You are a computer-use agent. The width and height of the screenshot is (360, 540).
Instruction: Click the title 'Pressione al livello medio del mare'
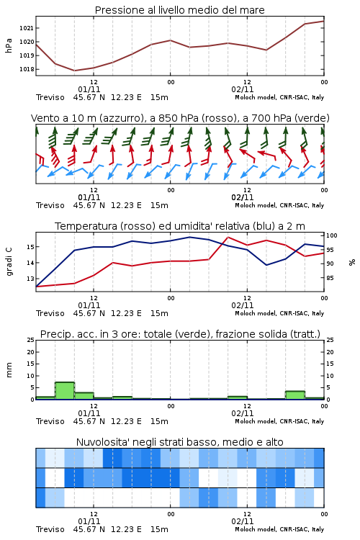tap(179, 10)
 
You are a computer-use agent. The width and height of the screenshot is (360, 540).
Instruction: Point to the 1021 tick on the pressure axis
tap(27, 28)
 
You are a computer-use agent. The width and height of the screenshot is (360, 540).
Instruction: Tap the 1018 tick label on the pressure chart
tap(27, 69)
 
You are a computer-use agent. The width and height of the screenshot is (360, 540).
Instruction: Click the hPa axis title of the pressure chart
tap(9, 45)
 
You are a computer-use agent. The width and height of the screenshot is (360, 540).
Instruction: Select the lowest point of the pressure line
tap(74, 71)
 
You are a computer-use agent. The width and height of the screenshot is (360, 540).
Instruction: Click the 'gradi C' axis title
tap(9, 262)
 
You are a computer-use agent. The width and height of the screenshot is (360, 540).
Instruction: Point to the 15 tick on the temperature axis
tap(31, 247)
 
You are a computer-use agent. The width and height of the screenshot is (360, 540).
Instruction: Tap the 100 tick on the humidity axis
tap(332, 235)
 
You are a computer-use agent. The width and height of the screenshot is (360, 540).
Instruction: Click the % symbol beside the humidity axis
tap(352, 262)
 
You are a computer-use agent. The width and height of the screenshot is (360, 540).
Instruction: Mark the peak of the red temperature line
tap(228, 238)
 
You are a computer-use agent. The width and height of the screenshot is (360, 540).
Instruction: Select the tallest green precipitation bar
tap(65, 390)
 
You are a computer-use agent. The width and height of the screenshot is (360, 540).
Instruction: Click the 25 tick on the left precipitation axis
tap(31, 341)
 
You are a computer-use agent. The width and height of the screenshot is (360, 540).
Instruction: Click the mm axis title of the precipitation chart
tap(9, 370)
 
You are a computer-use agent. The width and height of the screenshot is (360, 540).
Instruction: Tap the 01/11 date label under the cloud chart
tap(89, 521)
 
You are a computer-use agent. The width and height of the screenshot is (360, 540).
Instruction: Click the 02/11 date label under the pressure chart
tap(243, 89)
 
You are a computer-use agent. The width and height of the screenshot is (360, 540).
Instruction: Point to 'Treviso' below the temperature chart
tap(50, 313)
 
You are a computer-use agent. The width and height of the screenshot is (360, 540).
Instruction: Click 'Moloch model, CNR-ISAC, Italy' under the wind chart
tap(279, 206)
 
